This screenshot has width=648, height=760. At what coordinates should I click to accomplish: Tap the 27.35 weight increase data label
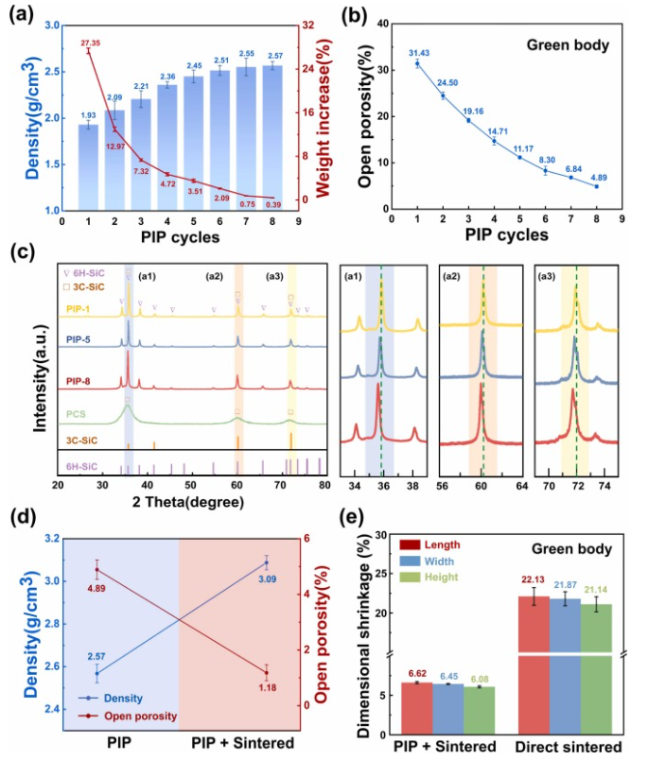[90, 43]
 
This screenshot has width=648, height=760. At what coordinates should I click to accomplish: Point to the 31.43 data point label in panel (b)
[417, 52]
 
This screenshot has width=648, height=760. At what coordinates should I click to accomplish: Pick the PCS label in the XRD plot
[78, 413]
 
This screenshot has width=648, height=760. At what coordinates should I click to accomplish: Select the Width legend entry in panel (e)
[439, 561]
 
